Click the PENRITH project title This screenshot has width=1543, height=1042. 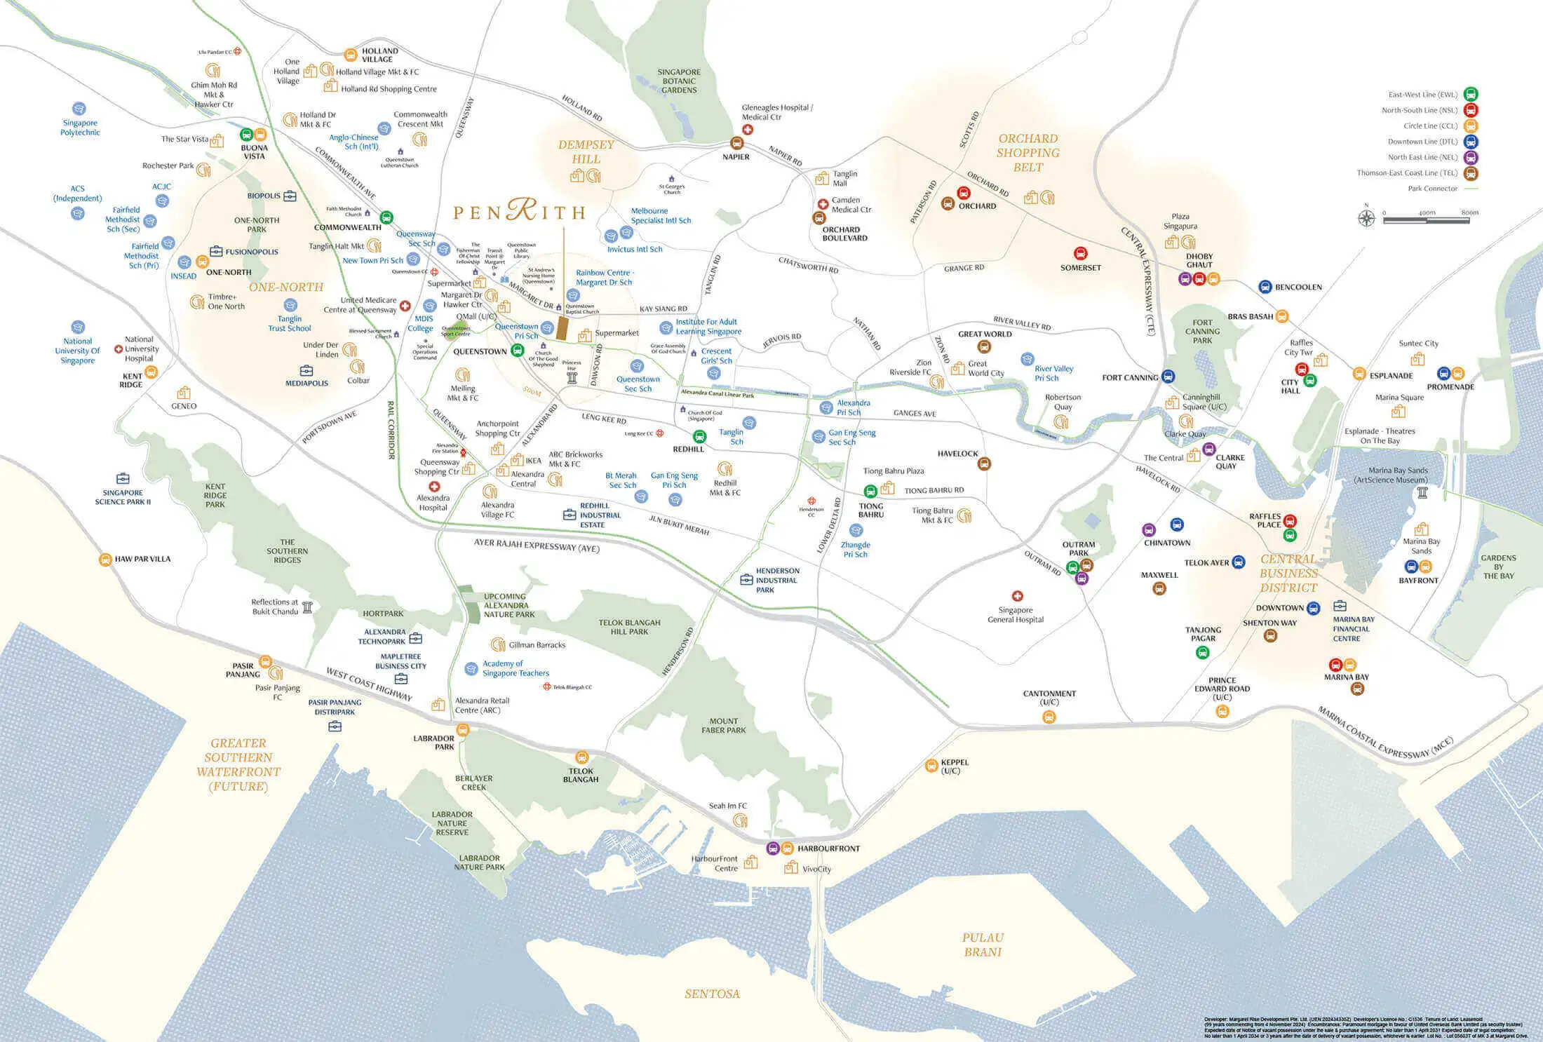tap(519, 210)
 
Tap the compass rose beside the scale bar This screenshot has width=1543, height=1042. tap(1366, 218)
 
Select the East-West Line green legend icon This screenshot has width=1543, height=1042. tap(1471, 95)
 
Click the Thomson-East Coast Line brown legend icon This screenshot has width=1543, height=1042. tap(1471, 173)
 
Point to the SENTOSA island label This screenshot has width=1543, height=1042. tap(712, 994)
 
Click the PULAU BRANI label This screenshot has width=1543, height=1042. tap(983, 945)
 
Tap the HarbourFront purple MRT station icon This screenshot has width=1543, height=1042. tap(772, 848)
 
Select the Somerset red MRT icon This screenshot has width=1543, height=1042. tap(1080, 254)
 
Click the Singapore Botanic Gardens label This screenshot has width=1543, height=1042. tap(678, 81)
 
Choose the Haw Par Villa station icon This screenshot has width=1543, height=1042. tap(105, 560)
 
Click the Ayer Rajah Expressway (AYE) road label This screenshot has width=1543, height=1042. tap(537, 546)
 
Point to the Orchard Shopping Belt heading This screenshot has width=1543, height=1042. tap(1027, 153)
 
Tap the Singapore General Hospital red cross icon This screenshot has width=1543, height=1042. tap(1017, 596)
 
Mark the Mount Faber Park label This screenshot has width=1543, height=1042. tap(723, 726)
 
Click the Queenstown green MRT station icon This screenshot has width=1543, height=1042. tap(517, 351)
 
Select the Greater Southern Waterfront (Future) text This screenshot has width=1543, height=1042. tap(238, 764)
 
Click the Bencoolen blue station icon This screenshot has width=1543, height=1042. tap(1265, 287)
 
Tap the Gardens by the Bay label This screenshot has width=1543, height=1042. tap(1498, 567)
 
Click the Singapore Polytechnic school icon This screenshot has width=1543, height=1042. tap(79, 109)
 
